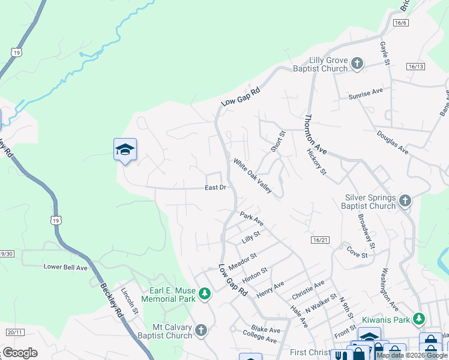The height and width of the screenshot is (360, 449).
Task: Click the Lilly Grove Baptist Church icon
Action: click(x=357, y=63)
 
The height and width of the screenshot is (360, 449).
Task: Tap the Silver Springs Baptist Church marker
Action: click(x=405, y=200)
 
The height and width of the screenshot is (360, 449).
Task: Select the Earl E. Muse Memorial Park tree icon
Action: click(x=205, y=293)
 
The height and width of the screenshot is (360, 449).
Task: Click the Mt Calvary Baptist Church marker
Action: click(x=201, y=329)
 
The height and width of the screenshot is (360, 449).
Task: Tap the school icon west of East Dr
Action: click(x=125, y=150)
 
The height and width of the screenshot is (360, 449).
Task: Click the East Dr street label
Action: click(x=215, y=188)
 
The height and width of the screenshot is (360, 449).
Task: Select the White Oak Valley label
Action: click(x=253, y=176)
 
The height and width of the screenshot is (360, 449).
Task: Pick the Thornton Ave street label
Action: click(x=316, y=135)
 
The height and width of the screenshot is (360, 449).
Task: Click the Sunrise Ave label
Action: click(x=366, y=94)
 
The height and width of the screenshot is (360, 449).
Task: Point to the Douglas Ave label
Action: click(x=393, y=141)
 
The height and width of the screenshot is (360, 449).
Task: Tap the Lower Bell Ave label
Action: click(x=65, y=266)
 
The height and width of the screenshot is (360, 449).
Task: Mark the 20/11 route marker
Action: click(x=14, y=332)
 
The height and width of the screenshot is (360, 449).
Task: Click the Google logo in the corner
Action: click(x=20, y=353)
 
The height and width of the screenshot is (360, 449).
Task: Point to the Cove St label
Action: click(x=357, y=252)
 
